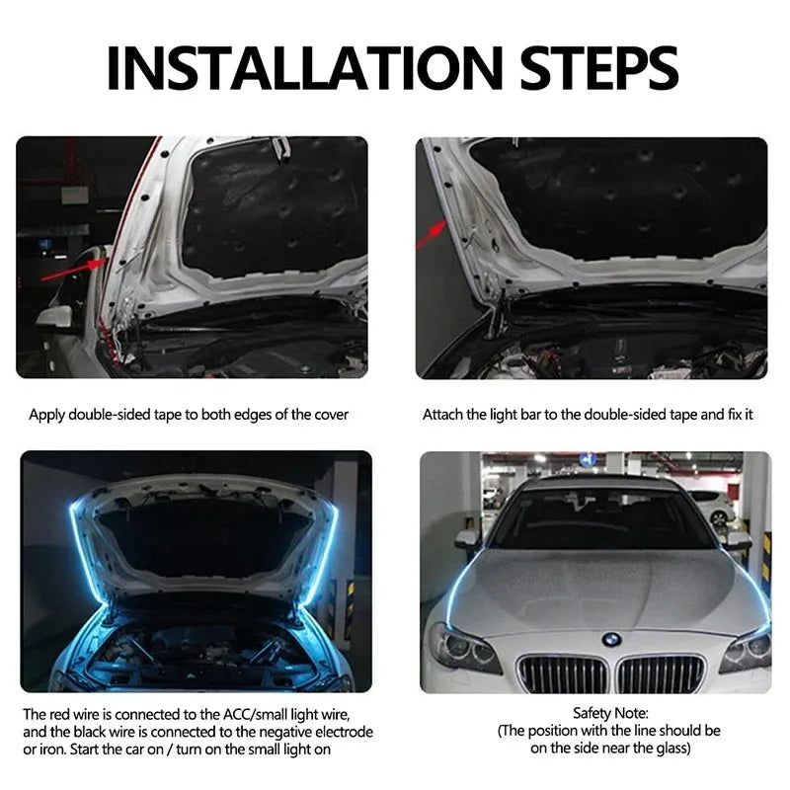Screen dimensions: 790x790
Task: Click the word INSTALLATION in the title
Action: pyautogui.click(x=305, y=68)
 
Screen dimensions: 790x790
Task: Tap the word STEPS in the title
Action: pyautogui.click(x=599, y=68)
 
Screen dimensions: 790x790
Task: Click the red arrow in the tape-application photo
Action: pyautogui.click(x=74, y=270)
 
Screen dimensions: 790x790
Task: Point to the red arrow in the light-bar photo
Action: pyautogui.click(x=432, y=234)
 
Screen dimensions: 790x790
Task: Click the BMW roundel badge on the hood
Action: pyautogui.click(x=611, y=640)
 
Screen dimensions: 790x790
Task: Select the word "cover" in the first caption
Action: pyautogui.click(x=331, y=415)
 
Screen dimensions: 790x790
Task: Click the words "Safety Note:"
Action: pyautogui.click(x=610, y=713)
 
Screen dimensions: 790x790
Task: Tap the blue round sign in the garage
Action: pyautogui.click(x=588, y=459)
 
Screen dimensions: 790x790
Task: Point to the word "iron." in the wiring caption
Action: pyautogui.click(x=52, y=750)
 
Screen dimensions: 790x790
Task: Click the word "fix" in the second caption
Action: pyautogui.click(x=735, y=415)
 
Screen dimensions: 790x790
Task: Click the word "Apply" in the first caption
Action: pyautogui.click(x=46, y=415)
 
